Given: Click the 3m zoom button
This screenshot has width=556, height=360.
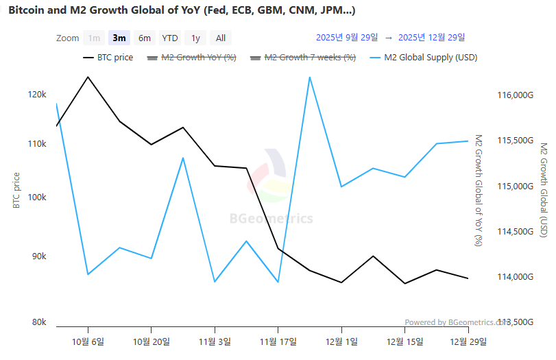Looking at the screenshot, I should pyautogui.click(x=119, y=38).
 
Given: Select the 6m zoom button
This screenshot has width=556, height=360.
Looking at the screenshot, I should pyautogui.click(x=144, y=38).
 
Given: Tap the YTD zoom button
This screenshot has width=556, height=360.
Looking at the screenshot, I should pyautogui.click(x=169, y=38).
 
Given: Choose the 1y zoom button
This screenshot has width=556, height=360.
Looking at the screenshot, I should pyautogui.click(x=195, y=38).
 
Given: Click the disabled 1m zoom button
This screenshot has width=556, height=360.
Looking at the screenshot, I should pyautogui.click(x=94, y=38).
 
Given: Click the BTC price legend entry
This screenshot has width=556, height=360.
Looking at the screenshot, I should pyautogui.click(x=108, y=58).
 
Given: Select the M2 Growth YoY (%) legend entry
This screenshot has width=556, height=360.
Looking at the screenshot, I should pyautogui.click(x=192, y=58).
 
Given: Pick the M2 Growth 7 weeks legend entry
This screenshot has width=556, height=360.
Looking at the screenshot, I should pyautogui.click(x=303, y=58).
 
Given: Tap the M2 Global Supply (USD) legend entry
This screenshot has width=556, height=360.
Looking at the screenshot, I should pyautogui.click(x=423, y=58).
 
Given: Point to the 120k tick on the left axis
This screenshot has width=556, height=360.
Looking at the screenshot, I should pyautogui.click(x=37, y=94).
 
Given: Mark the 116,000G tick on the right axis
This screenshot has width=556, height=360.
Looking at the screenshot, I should pyautogui.click(x=513, y=95).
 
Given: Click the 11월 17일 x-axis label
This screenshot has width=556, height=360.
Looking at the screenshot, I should pyautogui.click(x=278, y=341).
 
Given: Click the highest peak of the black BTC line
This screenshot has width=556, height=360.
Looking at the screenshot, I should pyautogui.click(x=88, y=77).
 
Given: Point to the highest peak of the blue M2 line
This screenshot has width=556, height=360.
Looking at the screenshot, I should pyautogui.click(x=310, y=77).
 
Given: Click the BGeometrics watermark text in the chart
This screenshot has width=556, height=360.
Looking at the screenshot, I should pyautogui.click(x=271, y=219).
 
